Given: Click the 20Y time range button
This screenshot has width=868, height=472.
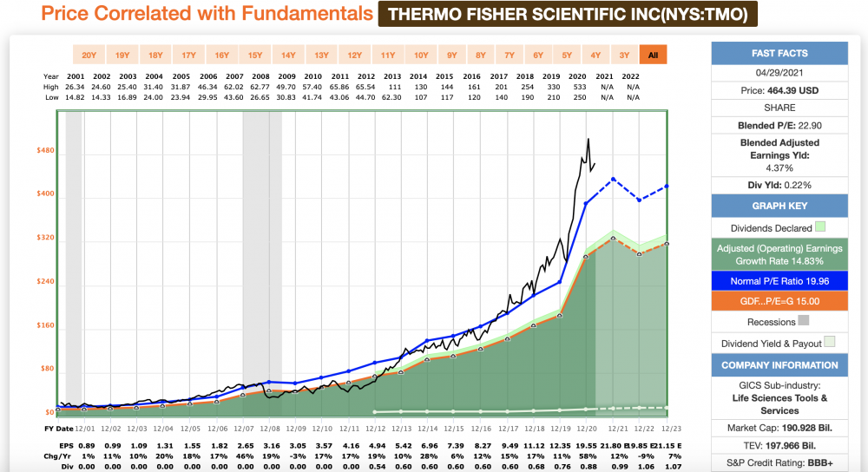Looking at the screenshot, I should [89, 56].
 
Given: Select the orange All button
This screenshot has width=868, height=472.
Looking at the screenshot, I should [653, 56].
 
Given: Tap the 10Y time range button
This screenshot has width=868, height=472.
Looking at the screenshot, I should [420, 56].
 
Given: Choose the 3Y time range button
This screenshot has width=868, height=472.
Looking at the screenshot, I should [624, 56].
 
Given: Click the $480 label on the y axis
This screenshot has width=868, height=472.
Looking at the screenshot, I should [43, 150].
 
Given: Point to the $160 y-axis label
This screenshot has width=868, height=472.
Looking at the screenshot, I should [43, 325].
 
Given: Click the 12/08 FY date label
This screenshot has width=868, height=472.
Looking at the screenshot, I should [269, 429].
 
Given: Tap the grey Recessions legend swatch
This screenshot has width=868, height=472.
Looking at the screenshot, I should [804, 322].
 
